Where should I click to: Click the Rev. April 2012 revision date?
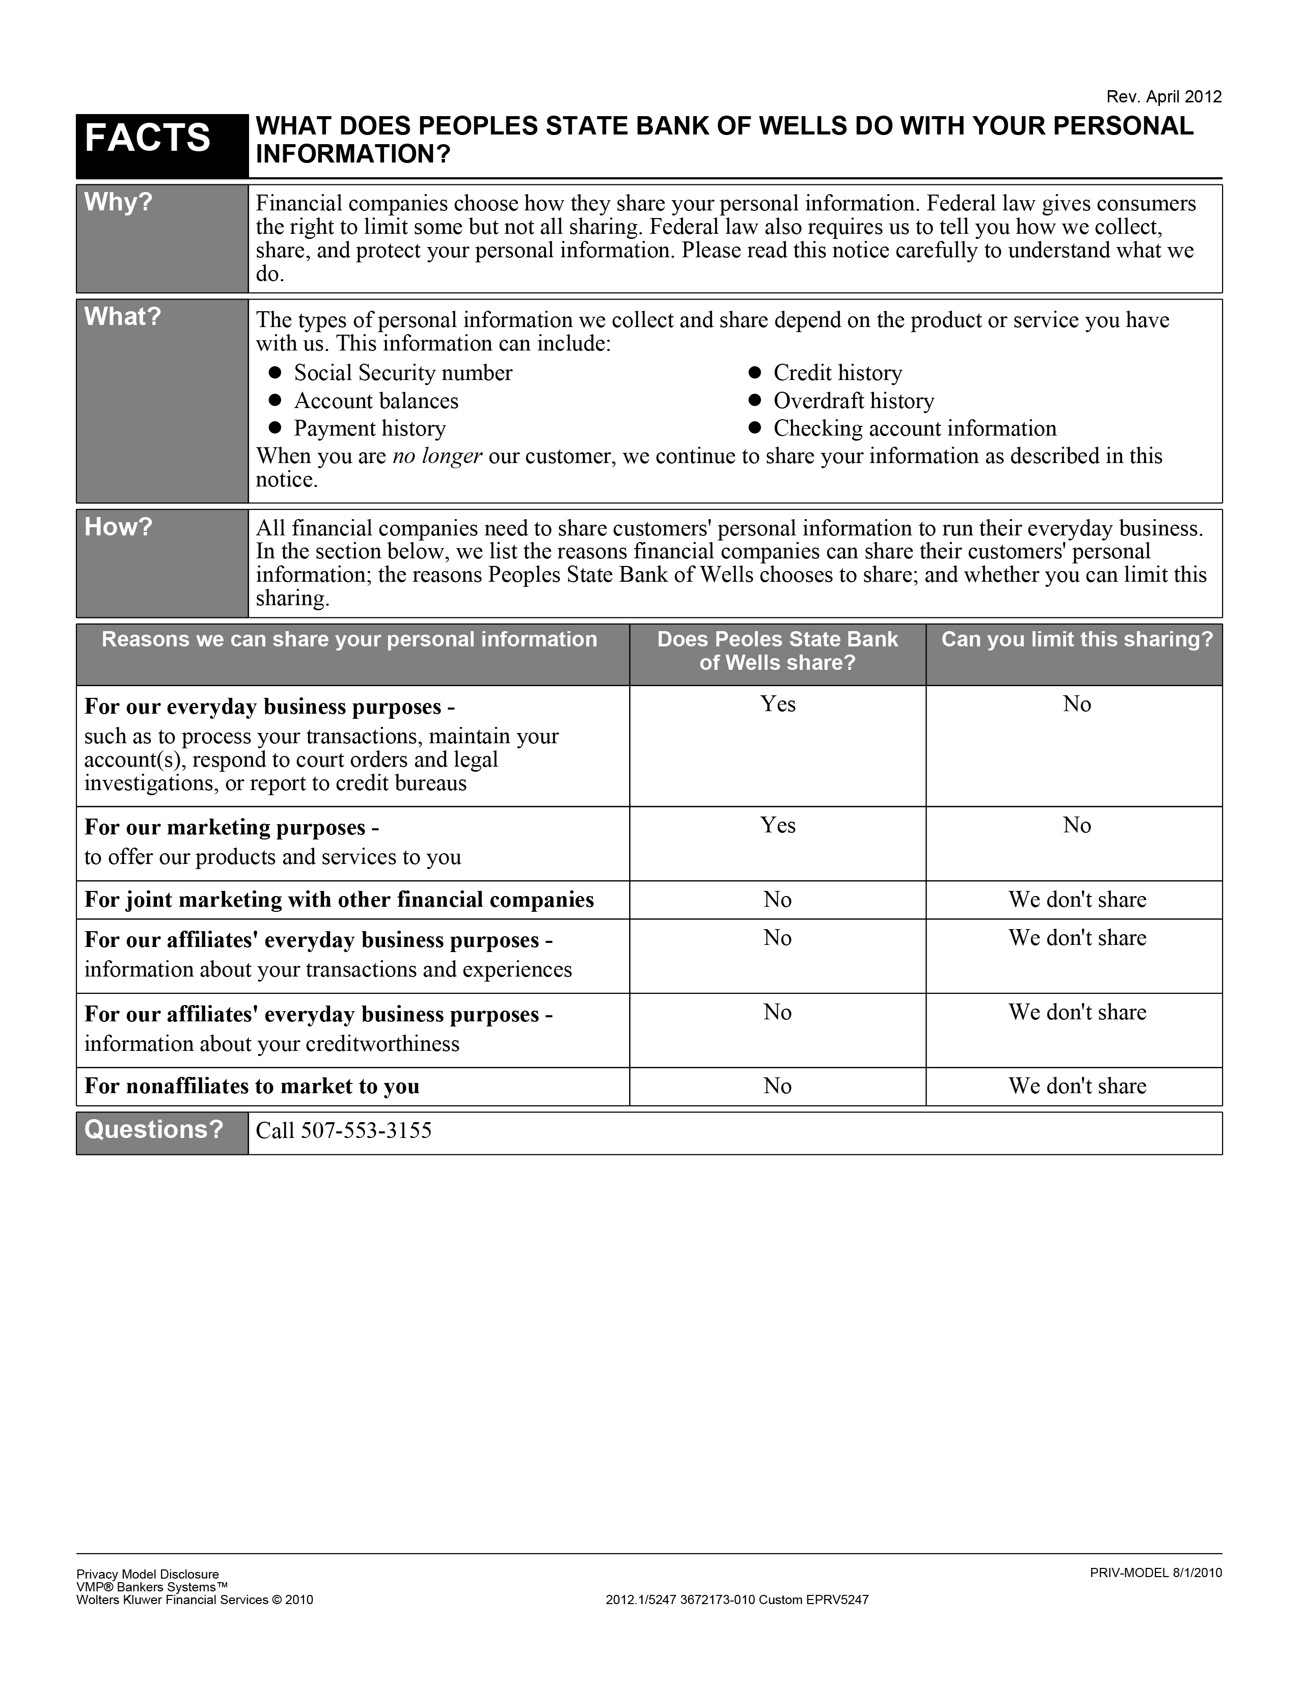coord(1163,97)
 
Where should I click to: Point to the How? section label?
coord(119,527)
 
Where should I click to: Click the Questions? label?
coord(153,1129)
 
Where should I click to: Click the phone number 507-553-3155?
coord(366,1131)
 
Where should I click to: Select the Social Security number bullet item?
coord(402,373)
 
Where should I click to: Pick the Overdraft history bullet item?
coord(853,401)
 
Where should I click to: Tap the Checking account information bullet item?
coord(914,429)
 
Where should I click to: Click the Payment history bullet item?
coord(369,429)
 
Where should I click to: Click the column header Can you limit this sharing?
coord(1076,640)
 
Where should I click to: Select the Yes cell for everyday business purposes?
coord(777,704)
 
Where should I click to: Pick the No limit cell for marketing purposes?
coord(1076,825)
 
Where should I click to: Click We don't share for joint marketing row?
coord(1076,900)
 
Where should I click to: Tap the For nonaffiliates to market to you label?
coord(252,1086)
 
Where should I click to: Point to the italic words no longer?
coord(437,456)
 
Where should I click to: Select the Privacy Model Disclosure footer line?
coord(148,1574)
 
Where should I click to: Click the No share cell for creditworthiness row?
coord(777,1012)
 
